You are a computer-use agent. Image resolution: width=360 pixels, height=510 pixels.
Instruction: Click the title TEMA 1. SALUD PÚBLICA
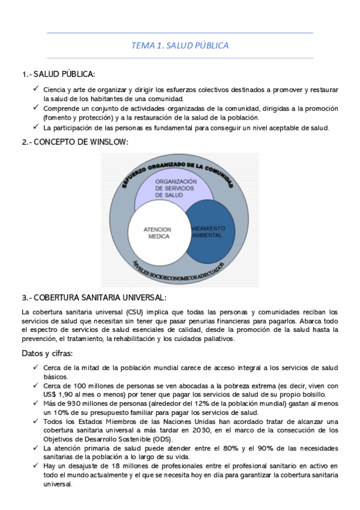coord(180,45)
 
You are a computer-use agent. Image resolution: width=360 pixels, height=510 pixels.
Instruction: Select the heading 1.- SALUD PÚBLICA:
coord(58,74)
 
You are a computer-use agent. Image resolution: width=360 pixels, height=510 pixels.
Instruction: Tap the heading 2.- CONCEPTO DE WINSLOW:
coord(75,142)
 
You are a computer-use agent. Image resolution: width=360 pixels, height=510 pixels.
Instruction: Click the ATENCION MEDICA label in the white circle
coord(157,233)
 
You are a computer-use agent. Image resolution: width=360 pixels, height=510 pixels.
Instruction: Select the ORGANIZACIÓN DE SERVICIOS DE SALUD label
coord(175,188)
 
